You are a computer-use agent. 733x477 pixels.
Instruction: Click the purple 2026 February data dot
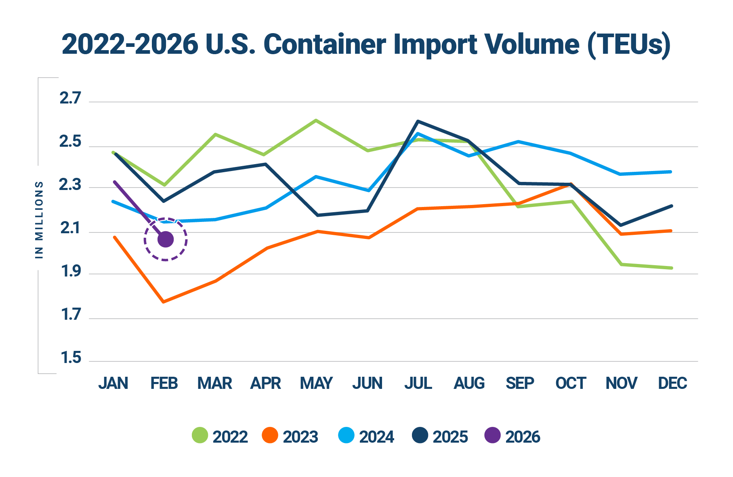[166, 239]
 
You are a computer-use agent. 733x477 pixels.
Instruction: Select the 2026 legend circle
[492, 435]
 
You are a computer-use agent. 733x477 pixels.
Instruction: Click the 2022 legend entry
[220, 436]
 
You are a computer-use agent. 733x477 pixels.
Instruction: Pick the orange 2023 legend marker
[270, 435]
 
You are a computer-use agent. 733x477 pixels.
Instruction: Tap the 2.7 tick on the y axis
[71, 98]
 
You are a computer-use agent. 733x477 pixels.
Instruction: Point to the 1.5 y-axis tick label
[71, 358]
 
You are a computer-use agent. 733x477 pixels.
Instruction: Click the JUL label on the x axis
[418, 383]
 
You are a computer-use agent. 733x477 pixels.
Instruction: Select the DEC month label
[672, 383]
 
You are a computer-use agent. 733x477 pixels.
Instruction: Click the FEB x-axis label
[164, 383]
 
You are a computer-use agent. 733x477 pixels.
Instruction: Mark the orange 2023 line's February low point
[164, 302]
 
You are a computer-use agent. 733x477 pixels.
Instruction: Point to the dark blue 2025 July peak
[418, 121]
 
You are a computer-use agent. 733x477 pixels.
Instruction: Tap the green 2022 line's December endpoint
[671, 268]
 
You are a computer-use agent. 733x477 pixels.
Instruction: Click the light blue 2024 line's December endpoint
[671, 172]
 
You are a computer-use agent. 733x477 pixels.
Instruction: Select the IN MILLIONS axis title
[39, 219]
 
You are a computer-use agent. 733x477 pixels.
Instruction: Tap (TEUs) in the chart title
[628, 44]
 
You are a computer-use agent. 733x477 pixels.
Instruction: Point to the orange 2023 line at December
[671, 231]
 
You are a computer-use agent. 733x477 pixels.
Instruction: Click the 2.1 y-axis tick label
[71, 229]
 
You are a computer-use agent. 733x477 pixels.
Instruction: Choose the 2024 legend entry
[366, 436]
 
